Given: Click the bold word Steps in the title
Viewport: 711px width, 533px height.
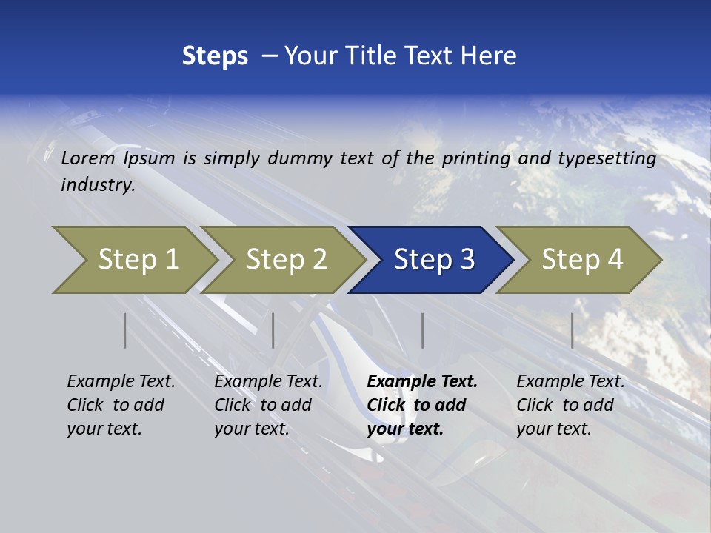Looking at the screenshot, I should coord(215,56).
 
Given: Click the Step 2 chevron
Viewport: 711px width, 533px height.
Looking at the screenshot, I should coord(285,259).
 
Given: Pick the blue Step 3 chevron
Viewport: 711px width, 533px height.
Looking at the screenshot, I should coord(433,259).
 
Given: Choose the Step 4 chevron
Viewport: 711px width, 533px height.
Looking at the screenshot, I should coord(581,259).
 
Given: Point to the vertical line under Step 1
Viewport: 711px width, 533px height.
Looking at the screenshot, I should coord(125,330).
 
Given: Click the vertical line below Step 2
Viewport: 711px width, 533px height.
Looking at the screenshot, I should coord(273,330).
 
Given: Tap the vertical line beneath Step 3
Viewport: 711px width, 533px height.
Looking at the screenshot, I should coord(423,330).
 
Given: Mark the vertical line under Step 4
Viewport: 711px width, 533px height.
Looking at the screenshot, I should coord(573,330).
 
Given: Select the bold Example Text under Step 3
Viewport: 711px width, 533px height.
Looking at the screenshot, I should coord(422,405).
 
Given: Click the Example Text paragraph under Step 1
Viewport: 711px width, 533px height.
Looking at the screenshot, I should coord(121,405).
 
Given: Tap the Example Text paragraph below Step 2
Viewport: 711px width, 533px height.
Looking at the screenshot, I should coord(268,405).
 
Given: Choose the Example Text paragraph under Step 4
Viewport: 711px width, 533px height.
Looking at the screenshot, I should coord(570,405).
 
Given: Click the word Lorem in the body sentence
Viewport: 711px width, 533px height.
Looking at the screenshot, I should coord(87,158).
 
